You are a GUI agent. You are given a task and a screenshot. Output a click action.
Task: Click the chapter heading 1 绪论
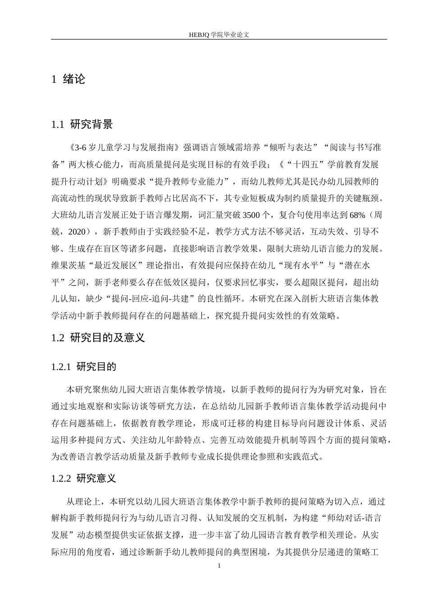68,80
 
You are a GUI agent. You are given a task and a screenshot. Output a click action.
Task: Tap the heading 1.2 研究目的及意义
98,338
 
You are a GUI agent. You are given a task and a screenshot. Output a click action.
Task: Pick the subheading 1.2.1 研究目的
84,367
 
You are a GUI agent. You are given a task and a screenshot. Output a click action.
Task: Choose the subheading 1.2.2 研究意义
84,478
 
